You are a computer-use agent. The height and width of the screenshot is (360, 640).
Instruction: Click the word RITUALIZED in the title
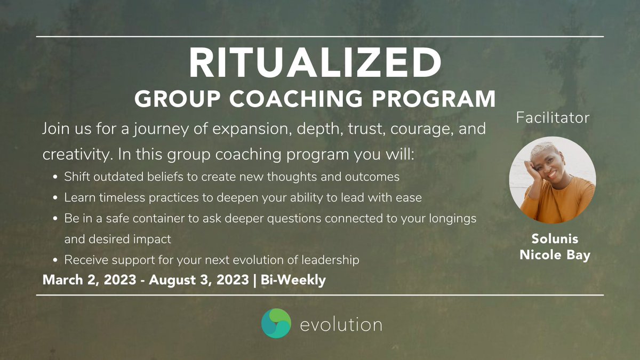(315, 63)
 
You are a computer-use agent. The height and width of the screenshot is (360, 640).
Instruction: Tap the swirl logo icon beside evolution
(276, 323)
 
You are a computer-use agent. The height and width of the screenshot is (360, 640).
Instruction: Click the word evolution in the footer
(341, 324)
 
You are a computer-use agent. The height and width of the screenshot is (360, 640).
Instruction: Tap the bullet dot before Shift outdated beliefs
(57, 177)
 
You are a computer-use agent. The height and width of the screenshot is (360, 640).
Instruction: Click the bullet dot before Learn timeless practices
(57, 198)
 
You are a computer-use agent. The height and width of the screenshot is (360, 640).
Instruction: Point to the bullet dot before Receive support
(57, 261)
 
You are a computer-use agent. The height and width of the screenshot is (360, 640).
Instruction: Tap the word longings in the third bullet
(450, 219)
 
